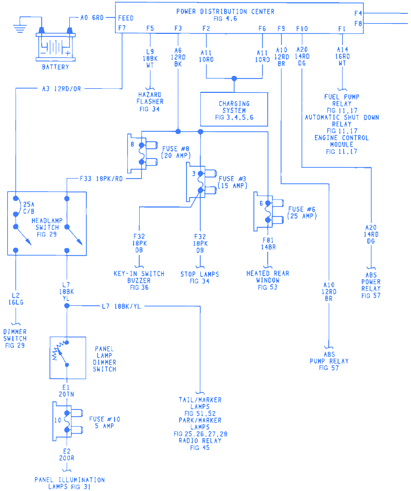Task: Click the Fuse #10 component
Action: point(67,421)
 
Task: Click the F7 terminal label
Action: point(122,28)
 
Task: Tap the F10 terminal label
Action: point(302,28)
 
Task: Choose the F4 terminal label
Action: point(358,13)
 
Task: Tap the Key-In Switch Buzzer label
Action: point(139,281)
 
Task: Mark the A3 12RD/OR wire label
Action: point(62,89)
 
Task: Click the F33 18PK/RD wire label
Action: point(102,179)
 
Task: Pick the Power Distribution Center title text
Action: point(225,11)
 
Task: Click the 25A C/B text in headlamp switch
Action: point(26,208)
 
